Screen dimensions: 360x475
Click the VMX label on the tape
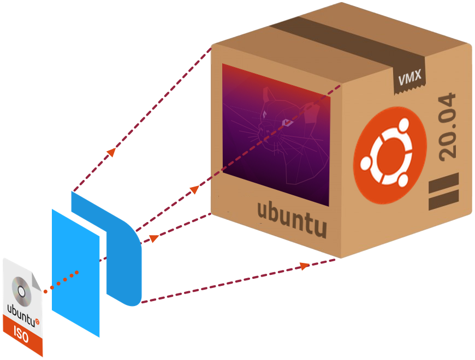(409, 77)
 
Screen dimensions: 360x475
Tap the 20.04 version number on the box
(447, 126)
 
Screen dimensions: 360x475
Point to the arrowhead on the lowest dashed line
(303, 266)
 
